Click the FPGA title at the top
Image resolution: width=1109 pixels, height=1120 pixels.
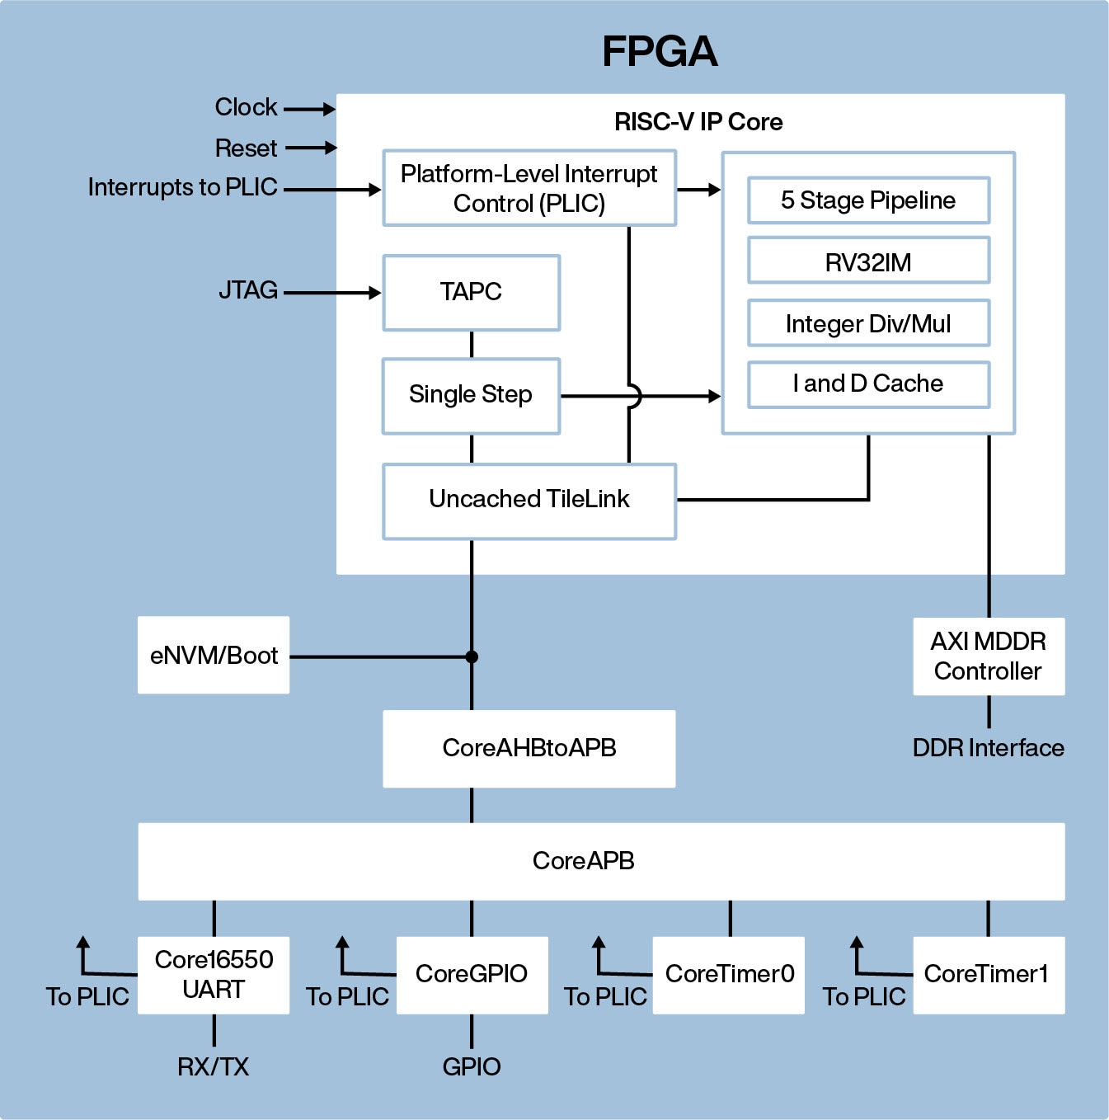pyautogui.click(x=660, y=51)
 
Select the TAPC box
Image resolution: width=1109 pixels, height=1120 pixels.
pyautogui.click(x=471, y=293)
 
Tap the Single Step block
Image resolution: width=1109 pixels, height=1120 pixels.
pyautogui.click(x=471, y=396)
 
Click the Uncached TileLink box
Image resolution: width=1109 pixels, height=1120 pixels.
pyautogui.click(x=529, y=501)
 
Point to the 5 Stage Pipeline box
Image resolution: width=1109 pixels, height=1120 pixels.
pyautogui.click(x=868, y=200)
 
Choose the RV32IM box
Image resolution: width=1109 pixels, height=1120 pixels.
pyautogui.click(x=868, y=261)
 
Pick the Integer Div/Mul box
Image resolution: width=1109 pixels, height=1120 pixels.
pyautogui.click(x=868, y=324)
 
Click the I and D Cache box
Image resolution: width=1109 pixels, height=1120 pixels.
pyautogui.click(x=868, y=384)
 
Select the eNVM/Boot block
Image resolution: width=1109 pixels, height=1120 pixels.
pyautogui.click(x=214, y=656)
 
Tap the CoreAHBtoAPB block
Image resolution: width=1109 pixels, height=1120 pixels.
pyautogui.click(x=529, y=749)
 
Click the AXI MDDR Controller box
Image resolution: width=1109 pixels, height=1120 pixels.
pyautogui.click(x=989, y=656)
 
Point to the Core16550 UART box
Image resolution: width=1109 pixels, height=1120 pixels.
pyautogui.click(x=214, y=975)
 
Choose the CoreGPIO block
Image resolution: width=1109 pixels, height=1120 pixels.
pyautogui.click(x=472, y=975)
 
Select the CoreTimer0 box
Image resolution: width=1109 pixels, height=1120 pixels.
pyautogui.click(x=729, y=975)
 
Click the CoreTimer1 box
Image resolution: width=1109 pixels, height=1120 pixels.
pyautogui.click(x=988, y=975)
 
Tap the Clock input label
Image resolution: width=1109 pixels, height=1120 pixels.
pyautogui.click(x=246, y=107)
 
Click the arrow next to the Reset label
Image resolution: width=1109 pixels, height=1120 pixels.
pyautogui.click(x=311, y=148)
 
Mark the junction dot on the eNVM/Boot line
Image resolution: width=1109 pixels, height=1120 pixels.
pyautogui.click(x=472, y=657)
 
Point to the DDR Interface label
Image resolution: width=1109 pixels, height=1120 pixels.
pyautogui.click(x=988, y=748)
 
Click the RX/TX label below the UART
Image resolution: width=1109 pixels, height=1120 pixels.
pyautogui.click(x=214, y=1067)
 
